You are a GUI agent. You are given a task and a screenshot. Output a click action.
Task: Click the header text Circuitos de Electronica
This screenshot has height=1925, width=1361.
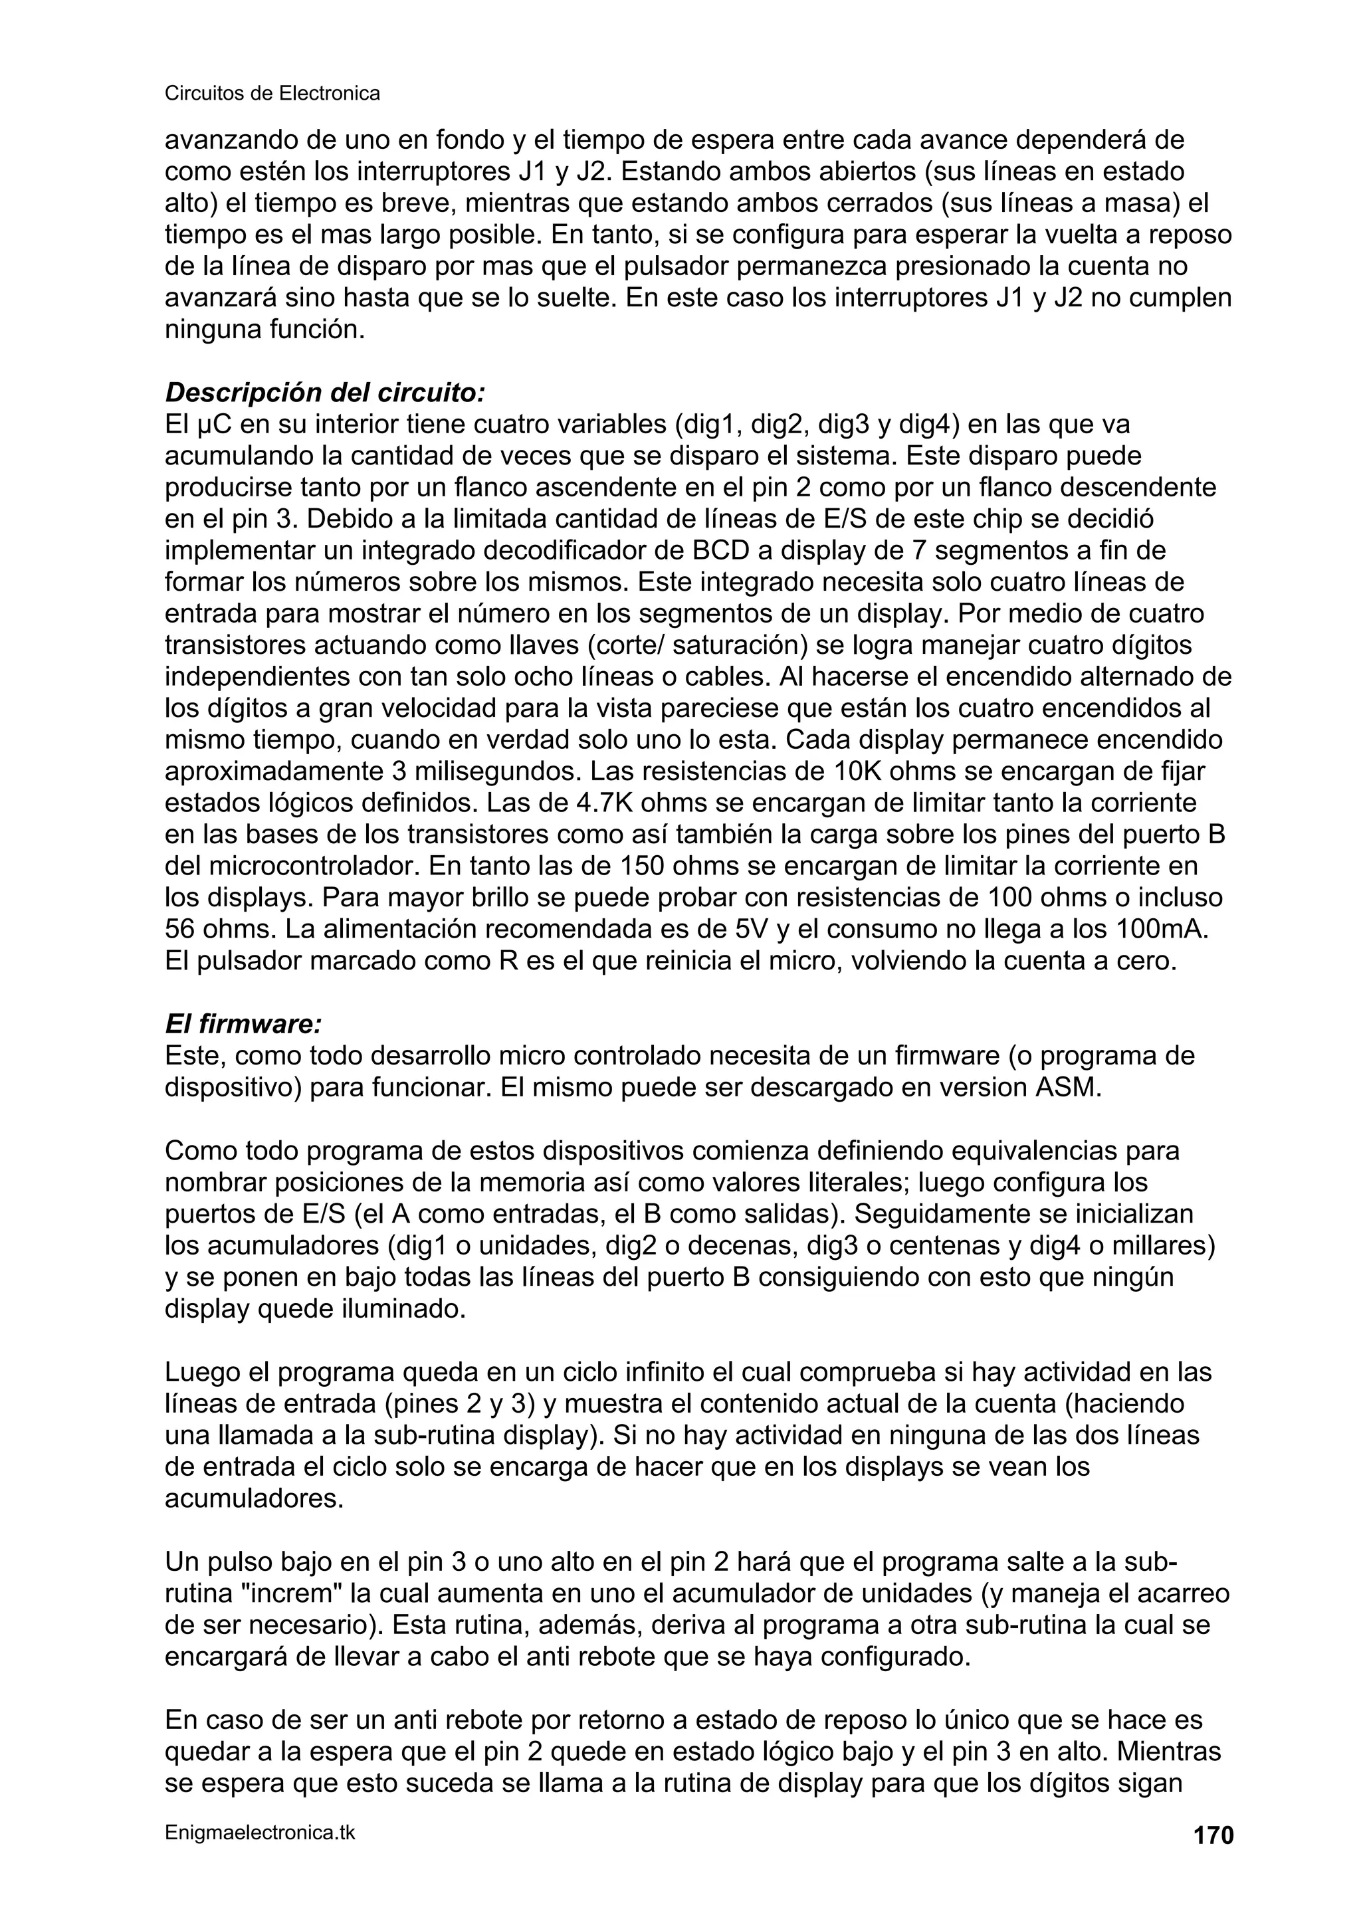point(272,93)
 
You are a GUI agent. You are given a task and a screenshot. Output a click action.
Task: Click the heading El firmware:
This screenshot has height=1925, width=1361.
point(243,1024)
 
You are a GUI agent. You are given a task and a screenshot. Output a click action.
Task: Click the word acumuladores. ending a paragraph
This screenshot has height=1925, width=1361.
point(254,1499)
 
